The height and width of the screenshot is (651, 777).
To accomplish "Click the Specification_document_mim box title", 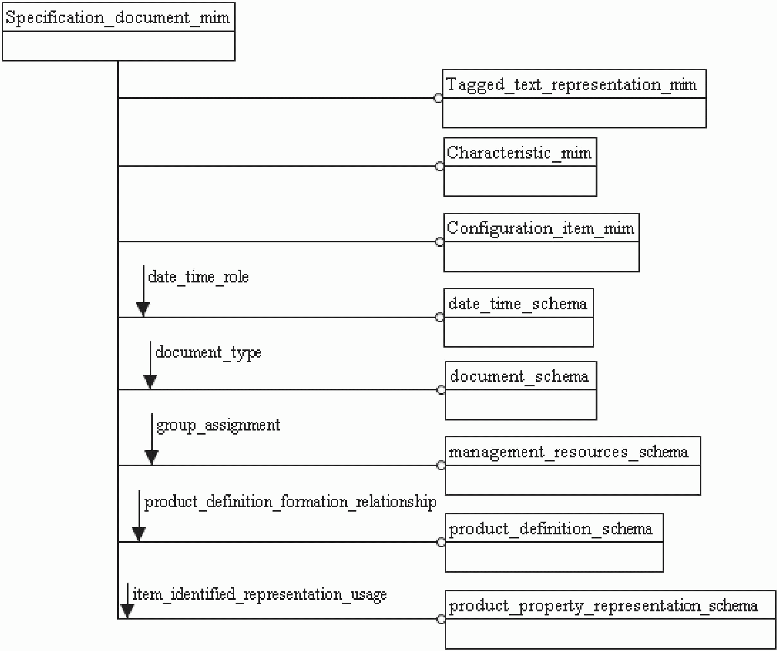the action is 118,18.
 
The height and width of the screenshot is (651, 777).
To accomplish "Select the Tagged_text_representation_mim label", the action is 571,85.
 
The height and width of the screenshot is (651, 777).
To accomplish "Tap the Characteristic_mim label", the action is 519,153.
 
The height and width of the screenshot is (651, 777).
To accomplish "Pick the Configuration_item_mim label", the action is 540,228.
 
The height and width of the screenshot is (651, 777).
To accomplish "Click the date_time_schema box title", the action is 518,303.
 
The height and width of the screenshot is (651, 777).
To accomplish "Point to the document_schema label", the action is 519,376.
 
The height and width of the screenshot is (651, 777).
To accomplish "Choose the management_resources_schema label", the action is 568,452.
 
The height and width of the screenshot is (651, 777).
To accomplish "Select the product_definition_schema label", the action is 551,529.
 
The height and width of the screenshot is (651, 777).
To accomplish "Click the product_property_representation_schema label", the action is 603,606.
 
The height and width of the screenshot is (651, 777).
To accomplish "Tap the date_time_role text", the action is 198,277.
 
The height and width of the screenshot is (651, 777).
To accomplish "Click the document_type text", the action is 208,353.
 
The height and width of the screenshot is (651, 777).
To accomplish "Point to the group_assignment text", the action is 218,425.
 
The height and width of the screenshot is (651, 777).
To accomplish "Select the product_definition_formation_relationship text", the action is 290,502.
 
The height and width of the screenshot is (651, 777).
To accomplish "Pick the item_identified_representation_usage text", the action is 259,595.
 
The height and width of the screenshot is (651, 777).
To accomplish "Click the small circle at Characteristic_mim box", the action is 440,166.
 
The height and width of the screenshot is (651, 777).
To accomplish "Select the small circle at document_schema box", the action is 441,390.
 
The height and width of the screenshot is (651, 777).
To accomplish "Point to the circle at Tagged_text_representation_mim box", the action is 438,98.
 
